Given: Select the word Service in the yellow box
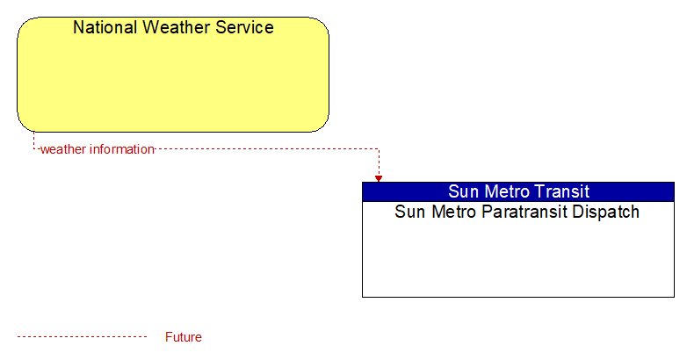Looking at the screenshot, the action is click(x=244, y=27).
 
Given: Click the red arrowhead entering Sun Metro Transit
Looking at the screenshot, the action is click(x=379, y=179).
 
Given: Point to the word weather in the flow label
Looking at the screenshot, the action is click(x=63, y=149).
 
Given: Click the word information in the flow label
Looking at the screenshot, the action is click(x=122, y=149).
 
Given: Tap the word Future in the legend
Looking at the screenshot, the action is click(x=183, y=337).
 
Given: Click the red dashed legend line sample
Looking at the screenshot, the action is click(x=82, y=337).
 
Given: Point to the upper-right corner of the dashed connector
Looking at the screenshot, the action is click(x=379, y=149).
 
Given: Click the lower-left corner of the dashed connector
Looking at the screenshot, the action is click(x=33, y=149).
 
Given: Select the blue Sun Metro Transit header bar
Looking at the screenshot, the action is click(x=518, y=191).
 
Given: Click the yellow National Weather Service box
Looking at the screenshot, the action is click(x=173, y=75).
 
